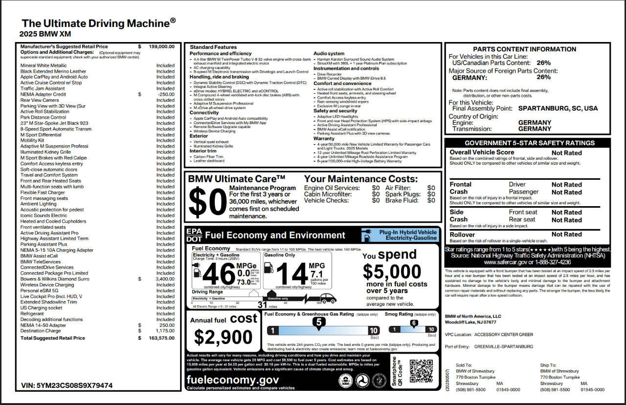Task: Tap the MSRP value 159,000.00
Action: [161, 46]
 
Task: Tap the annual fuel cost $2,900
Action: [224, 337]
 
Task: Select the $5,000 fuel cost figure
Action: [392, 271]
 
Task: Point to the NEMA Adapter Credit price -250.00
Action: [165, 94]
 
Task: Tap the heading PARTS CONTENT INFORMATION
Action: [524, 49]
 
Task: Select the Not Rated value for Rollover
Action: [566, 234]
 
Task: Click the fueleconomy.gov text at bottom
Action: [232, 380]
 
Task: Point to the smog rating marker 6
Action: [414, 323]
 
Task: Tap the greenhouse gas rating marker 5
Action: [319, 322]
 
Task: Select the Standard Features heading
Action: [213, 47]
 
